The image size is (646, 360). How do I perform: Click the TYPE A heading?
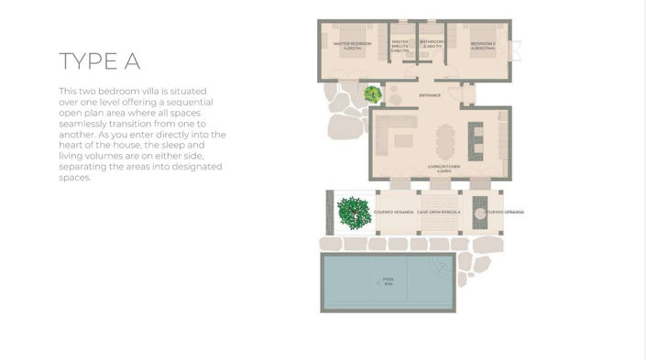tap(100, 61)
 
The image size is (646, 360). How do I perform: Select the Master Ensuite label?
tap(400, 44)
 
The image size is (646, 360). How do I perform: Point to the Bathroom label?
tap(432, 42)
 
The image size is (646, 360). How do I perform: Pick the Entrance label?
tap(430, 95)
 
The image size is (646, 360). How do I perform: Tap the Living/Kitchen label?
tap(439, 169)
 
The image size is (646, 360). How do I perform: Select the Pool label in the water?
tap(388, 281)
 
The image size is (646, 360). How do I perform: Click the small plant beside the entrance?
tap(372, 93)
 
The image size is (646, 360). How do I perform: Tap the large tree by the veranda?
tap(354, 213)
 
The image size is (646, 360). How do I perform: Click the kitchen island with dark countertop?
tap(475, 140)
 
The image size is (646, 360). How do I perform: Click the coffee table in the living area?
tap(403, 140)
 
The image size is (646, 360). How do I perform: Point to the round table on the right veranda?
tap(479, 213)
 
